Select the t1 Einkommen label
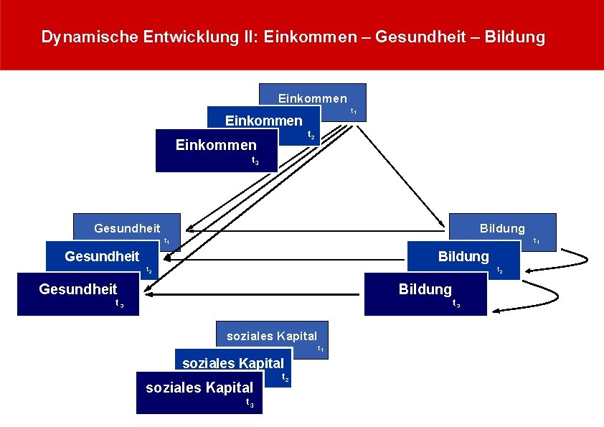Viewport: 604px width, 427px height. click(312, 98)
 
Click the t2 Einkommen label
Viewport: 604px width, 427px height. click(263, 121)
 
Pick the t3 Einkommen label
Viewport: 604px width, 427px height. click(216, 146)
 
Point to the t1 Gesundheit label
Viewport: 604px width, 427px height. click(127, 228)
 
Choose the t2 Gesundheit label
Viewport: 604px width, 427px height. click(102, 256)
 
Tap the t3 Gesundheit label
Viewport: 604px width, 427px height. click(78, 289)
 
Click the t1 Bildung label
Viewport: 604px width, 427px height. click(502, 228)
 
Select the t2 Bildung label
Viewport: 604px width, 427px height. click(463, 256)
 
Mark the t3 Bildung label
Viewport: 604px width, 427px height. click(425, 289)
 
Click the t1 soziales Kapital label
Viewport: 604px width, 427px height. click(272, 336)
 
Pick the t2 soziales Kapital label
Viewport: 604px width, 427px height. click(233, 363)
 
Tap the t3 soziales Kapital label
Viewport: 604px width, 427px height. click(199, 388)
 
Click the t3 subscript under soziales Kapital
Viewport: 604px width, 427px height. click(250, 403)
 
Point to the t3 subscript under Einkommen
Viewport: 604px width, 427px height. click(256, 161)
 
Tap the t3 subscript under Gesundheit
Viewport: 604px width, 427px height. click(120, 304)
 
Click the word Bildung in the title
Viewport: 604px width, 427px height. click(515, 37)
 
